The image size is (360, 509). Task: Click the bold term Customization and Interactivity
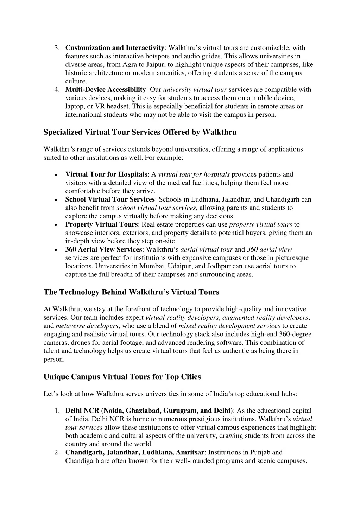[x=115, y=48]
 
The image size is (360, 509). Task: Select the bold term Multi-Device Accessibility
[x=106, y=90]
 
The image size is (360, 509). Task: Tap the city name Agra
[x=130, y=65]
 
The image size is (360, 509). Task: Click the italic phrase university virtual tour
[x=195, y=90]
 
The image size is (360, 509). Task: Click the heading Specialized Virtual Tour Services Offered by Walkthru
[x=140, y=132]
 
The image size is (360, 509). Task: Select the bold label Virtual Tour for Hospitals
[x=106, y=174]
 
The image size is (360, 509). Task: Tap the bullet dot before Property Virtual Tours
[x=57, y=225]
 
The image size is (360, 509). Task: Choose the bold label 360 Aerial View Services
[x=103, y=250]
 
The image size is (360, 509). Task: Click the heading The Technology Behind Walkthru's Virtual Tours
[x=131, y=292]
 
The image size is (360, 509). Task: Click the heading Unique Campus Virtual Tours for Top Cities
[x=122, y=377]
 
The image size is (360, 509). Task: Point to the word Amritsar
[x=190, y=452]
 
